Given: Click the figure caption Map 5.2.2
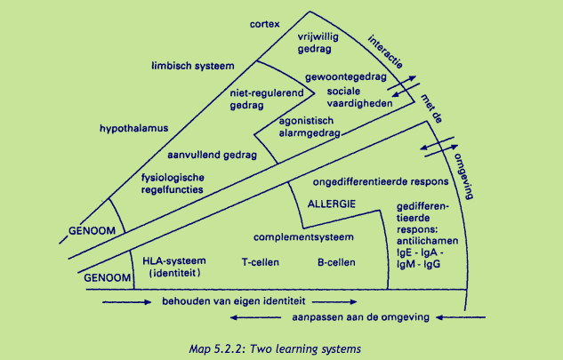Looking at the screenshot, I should click(x=281, y=348).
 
